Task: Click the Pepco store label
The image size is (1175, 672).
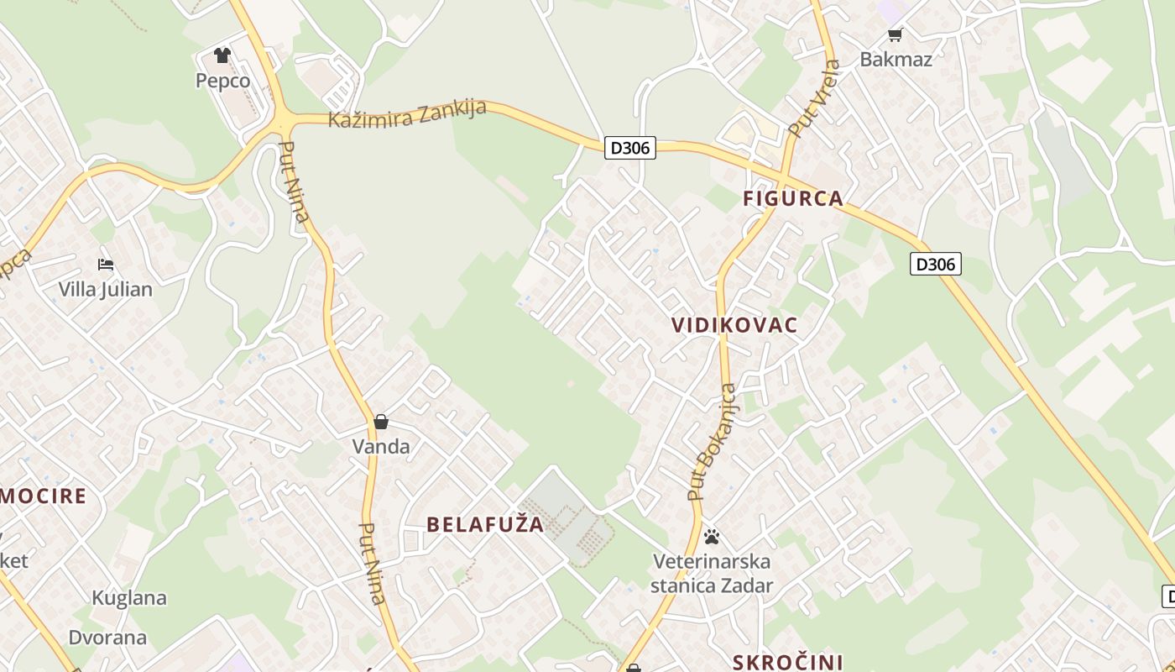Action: click(x=222, y=81)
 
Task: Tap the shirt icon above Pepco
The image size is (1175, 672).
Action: click(x=222, y=55)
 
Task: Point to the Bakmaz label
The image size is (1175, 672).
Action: click(x=896, y=59)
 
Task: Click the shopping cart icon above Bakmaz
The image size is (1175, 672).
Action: click(x=895, y=34)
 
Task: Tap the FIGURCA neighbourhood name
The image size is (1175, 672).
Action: click(x=793, y=199)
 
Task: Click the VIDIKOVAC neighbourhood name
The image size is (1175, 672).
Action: click(x=734, y=326)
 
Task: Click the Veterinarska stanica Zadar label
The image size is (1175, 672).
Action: click(x=712, y=573)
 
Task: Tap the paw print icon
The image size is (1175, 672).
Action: click(x=712, y=536)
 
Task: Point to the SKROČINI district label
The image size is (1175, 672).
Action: click(x=787, y=662)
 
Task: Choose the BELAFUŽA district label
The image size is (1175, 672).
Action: click(x=485, y=525)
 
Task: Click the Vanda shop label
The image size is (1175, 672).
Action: click(x=381, y=446)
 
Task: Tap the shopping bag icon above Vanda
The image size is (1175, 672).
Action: click(x=381, y=421)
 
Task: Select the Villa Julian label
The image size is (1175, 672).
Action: click(x=106, y=290)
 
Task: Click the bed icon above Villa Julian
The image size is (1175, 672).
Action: click(x=106, y=264)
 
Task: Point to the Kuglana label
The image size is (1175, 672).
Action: click(x=129, y=598)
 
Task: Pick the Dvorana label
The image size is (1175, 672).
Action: click(x=107, y=637)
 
